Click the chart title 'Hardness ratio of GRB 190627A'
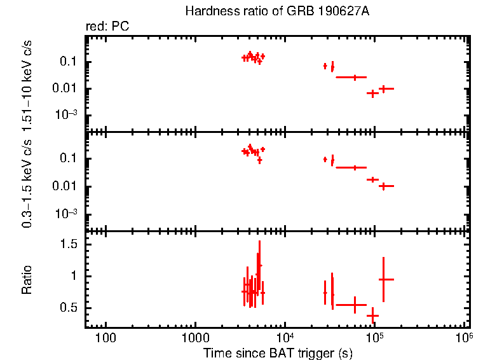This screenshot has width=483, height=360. (276, 11)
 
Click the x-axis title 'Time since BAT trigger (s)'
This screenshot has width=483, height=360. (278, 352)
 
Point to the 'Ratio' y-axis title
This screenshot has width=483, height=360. (27, 279)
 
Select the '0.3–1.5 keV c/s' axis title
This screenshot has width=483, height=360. (27, 184)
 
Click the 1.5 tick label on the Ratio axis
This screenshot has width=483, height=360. (68, 245)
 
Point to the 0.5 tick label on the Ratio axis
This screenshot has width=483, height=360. (68, 308)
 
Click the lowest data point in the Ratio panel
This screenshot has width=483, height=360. (373, 315)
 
